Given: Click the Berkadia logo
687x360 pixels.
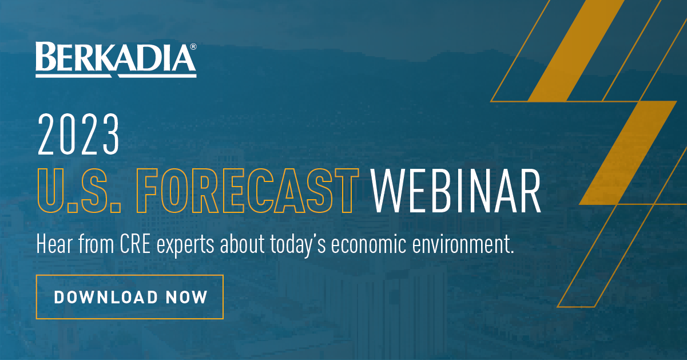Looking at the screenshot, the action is click(x=116, y=60).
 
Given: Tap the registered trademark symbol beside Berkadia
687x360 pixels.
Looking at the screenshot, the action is click(x=193, y=47).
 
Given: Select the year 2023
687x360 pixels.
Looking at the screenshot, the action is click(x=78, y=134).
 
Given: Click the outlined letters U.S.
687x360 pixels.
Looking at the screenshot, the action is click(x=79, y=191).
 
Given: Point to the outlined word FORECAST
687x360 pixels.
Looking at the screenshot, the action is click(x=248, y=191).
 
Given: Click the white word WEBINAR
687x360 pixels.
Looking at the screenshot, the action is click(x=456, y=191).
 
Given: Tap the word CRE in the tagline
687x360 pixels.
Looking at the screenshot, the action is click(x=135, y=244).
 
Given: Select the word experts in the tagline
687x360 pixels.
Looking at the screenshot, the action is click(x=185, y=246).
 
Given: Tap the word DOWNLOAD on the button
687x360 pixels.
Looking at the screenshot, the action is click(x=106, y=297).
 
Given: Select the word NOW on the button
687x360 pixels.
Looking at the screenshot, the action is click(x=187, y=297).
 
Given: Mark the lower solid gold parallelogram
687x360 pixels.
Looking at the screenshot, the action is click(x=628, y=153).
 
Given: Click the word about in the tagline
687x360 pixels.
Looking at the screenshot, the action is click(x=243, y=244).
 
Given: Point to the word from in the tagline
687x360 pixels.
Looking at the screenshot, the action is click(x=96, y=244).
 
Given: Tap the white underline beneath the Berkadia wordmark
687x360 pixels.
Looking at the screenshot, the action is click(x=116, y=76).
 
